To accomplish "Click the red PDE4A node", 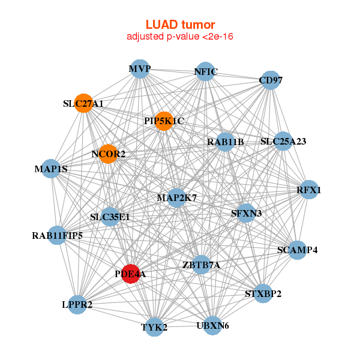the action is coord(131,274).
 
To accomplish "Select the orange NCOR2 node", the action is coord(108,154).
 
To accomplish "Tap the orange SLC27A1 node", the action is coord(84,103).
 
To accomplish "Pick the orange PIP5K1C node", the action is coord(164,121).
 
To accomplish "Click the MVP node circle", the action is coord(139,69).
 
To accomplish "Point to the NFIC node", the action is coord(205,72).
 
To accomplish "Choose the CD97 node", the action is coord(271,80).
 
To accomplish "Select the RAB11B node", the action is coord(226,142).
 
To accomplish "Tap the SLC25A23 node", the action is coord(283,142).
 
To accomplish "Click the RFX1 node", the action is coord(309,190).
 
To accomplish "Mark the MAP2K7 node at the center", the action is coord(176,197).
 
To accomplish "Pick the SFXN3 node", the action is coord(246,212).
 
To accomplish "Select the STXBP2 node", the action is coord(263,293).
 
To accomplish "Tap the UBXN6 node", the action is coord(212,326).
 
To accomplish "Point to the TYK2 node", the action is coord(154,327).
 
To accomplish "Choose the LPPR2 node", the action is coord(77,305).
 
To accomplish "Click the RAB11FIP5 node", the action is coord(58,235).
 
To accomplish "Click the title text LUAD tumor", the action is coord(180,25).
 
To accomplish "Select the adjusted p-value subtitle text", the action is coord(180,37).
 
